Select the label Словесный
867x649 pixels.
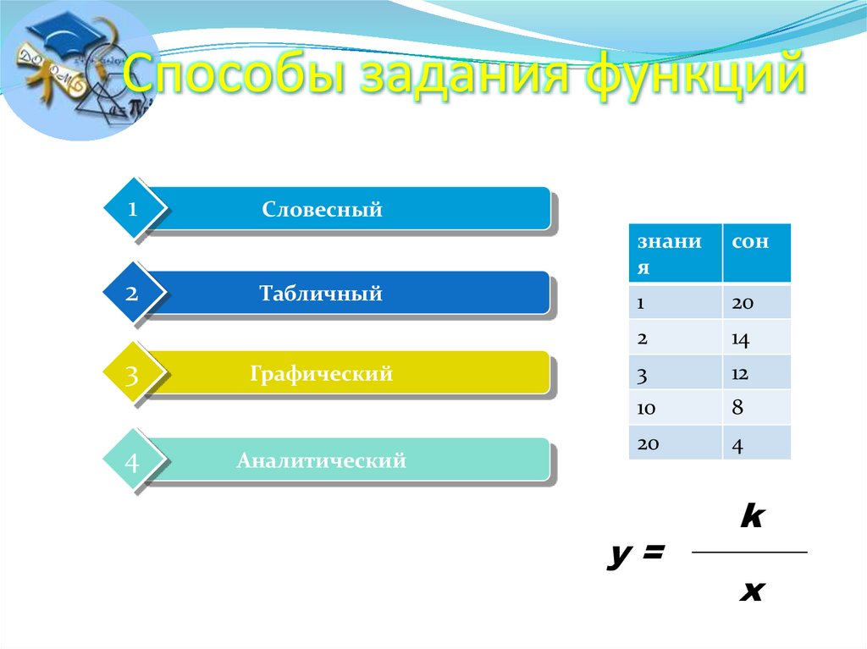pyautogui.click(x=322, y=209)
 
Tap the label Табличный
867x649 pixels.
pyautogui.click(x=321, y=294)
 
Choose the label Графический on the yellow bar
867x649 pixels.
pyautogui.click(x=321, y=373)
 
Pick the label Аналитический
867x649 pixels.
pyautogui.click(x=321, y=461)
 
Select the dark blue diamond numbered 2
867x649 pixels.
pyautogui.click(x=131, y=294)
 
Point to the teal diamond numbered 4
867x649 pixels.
pyautogui.click(x=131, y=462)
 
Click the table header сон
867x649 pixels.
pyautogui.click(x=750, y=242)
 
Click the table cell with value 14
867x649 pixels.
pyautogui.click(x=741, y=338)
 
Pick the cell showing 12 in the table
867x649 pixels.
pyautogui.click(x=741, y=373)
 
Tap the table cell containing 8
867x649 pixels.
pyautogui.click(x=737, y=408)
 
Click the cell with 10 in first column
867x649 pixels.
pyautogui.click(x=648, y=408)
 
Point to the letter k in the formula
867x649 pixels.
pyautogui.click(x=750, y=517)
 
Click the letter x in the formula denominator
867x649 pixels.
pyautogui.click(x=750, y=591)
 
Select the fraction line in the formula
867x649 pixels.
pyautogui.click(x=749, y=553)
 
